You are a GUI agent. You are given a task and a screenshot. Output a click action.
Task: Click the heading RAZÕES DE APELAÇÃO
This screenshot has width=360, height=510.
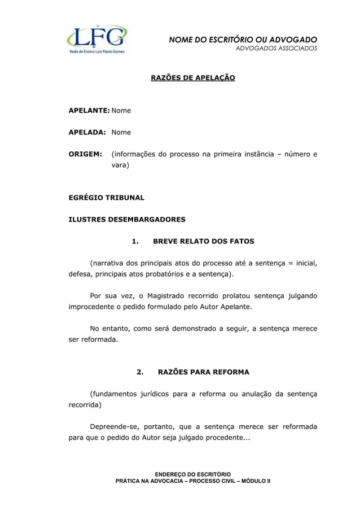pyautogui.click(x=192, y=77)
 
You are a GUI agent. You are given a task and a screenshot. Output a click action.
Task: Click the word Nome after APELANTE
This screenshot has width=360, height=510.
pyautogui.click(x=121, y=111)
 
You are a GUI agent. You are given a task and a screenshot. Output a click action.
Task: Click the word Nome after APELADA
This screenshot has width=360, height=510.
pyautogui.click(x=121, y=132)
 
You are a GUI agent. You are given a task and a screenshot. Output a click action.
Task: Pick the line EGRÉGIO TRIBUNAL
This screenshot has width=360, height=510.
pyautogui.click(x=106, y=198)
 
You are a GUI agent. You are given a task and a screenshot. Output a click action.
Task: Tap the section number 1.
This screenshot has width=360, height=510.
pyautogui.click(x=135, y=241)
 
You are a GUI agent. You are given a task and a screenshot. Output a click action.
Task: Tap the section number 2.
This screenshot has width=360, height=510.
pyautogui.click(x=140, y=372)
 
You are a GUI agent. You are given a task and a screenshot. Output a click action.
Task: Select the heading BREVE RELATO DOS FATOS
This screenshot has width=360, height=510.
pyautogui.click(x=204, y=241)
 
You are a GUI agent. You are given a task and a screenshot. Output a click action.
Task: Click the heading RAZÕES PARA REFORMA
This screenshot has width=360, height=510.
pyautogui.click(x=204, y=372)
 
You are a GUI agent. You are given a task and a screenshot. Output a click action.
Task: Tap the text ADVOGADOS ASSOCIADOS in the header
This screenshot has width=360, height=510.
pyautogui.click(x=276, y=49)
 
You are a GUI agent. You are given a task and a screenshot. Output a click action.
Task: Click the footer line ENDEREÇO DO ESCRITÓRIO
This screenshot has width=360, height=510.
pyautogui.click(x=193, y=473)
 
